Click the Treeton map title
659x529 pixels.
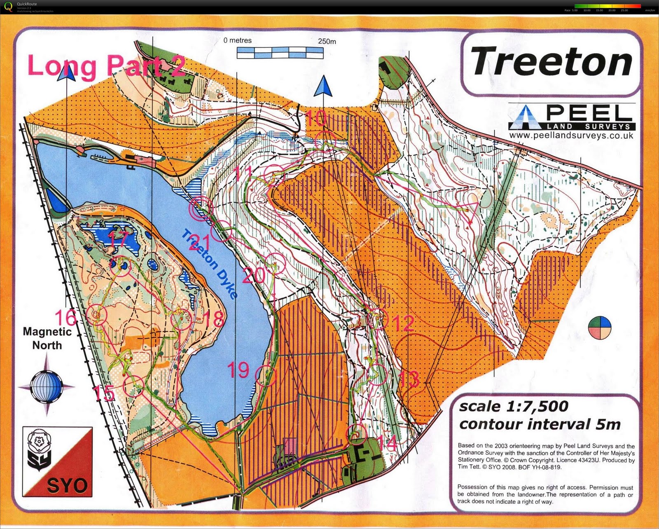pos(551,62)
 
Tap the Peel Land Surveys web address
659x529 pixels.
pos(571,136)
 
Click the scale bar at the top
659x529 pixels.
pos(280,52)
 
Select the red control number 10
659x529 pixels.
pos(316,118)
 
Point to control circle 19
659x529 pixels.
pos(266,375)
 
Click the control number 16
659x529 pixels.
pos(66,318)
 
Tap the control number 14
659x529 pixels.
pos(387,443)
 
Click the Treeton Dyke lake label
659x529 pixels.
pos(210,264)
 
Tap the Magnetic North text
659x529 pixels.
pos(47,338)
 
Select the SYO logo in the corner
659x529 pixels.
pos(57,461)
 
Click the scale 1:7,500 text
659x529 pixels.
pos(514,407)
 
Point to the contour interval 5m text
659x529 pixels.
pos(540,424)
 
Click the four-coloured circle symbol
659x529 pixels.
pos(600,328)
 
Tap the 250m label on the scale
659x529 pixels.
pos(327,41)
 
